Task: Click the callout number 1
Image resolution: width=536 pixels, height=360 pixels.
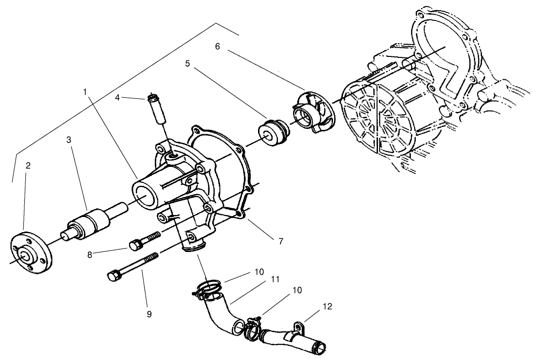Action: (x=85, y=91)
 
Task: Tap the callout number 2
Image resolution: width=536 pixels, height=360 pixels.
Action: (x=28, y=165)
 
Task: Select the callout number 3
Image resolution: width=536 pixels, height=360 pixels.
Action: (x=69, y=140)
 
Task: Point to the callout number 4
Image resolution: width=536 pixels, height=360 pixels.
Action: (x=117, y=98)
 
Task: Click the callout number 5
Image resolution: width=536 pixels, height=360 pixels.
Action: (x=187, y=63)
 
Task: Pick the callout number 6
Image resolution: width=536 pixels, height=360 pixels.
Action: (x=218, y=47)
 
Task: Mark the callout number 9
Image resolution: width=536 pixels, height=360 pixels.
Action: (x=149, y=314)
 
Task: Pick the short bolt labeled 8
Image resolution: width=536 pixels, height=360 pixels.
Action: (x=143, y=240)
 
